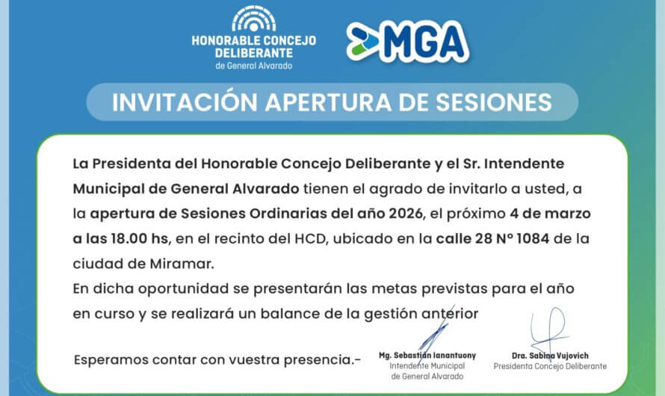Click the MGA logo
click(x=407, y=42)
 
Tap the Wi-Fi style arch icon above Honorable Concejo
click(x=253, y=19)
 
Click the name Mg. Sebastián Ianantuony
click(x=427, y=356)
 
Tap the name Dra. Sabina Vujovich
click(x=550, y=356)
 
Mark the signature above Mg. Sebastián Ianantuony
click(x=436, y=332)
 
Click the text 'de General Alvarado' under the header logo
click(x=254, y=65)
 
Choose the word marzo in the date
click(x=566, y=214)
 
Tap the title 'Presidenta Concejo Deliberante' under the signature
click(x=550, y=366)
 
